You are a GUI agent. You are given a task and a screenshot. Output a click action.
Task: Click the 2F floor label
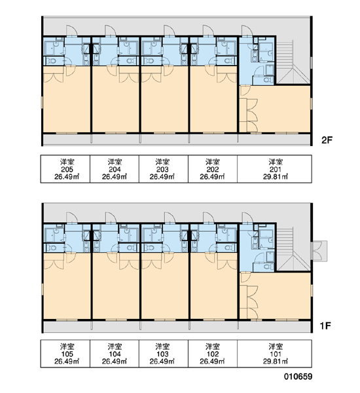click(x=327, y=140)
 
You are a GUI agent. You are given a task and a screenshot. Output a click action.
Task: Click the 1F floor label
click(x=325, y=326)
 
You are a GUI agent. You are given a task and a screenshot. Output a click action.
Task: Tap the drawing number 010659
click(x=298, y=376)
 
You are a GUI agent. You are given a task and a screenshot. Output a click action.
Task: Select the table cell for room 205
click(x=65, y=169)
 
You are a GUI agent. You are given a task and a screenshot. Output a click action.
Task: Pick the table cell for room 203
click(x=164, y=169)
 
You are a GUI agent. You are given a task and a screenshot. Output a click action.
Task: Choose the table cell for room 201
click(x=274, y=169)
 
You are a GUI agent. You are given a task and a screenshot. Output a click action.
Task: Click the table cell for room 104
click(x=115, y=354)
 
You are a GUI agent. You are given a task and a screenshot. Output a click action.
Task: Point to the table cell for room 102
click(x=213, y=354)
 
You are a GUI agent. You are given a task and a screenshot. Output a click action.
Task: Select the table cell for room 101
click(x=274, y=354)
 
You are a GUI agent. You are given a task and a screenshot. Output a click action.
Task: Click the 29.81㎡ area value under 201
click(x=276, y=177)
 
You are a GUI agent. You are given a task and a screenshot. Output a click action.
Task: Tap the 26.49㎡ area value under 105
click(x=67, y=362)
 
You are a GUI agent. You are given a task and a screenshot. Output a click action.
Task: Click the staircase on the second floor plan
click(x=293, y=62)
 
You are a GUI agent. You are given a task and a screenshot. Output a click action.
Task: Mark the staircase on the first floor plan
click(x=293, y=249)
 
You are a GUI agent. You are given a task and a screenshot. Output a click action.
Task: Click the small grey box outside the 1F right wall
click(x=319, y=251)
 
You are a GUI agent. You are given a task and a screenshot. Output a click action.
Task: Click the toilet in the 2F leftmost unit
click(x=52, y=61)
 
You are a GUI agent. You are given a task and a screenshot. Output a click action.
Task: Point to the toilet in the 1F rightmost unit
click(x=268, y=267)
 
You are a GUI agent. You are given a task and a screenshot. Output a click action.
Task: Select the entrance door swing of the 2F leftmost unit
click(x=72, y=30)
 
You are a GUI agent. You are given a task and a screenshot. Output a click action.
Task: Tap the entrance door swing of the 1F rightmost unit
click(x=247, y=217)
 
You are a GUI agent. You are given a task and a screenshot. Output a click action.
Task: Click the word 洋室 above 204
click(x=115, y=162)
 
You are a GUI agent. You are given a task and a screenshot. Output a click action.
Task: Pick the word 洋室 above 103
click(x=162, y=346)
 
